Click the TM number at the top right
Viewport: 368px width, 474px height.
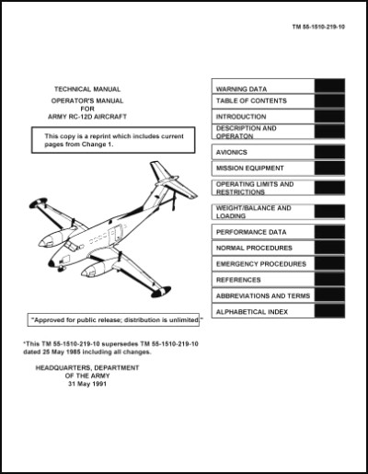(x=318, y=27)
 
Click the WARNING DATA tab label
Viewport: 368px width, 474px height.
(x=241, y=89)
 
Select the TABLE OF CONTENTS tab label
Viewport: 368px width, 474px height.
(x=251, y=101)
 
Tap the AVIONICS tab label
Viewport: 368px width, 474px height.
(x=232, y=152)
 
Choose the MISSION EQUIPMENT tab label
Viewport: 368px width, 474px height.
(x=250, y=168)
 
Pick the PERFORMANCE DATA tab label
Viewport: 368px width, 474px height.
(x=251, y=232)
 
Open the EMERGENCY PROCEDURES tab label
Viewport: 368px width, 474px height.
(x=261, y=264)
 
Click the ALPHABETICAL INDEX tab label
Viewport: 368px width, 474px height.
(x=252, y=312)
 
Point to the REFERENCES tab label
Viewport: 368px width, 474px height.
(x=238, y=280)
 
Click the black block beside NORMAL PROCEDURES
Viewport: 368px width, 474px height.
(x=329, y=248)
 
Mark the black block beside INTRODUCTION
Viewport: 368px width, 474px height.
(x=329, y=117)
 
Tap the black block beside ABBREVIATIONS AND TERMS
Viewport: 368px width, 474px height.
(x=329, y=295)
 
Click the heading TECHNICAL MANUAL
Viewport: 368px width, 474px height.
(x=87, y=89)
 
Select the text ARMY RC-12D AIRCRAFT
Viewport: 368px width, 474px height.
(x=87, y=117)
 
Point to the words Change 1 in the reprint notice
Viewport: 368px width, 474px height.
(x=98, y=145)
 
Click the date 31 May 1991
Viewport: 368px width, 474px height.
(x=87, y=384)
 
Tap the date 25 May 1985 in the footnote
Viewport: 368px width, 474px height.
(x=59, y=352)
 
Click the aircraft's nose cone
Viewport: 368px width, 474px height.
(x=52, y=263)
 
